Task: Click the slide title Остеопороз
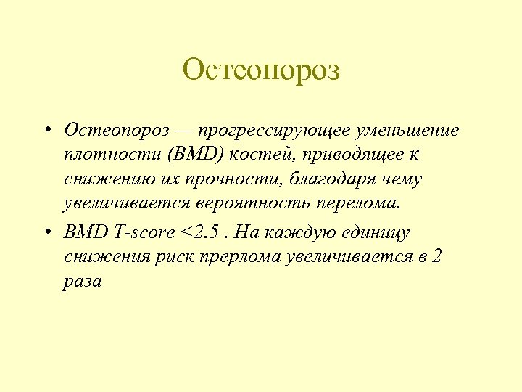(x=261, y=71)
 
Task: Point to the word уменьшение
(x=415, y=131)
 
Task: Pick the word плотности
(x=104, y=155)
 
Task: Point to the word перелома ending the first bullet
(x=360, y=203)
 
